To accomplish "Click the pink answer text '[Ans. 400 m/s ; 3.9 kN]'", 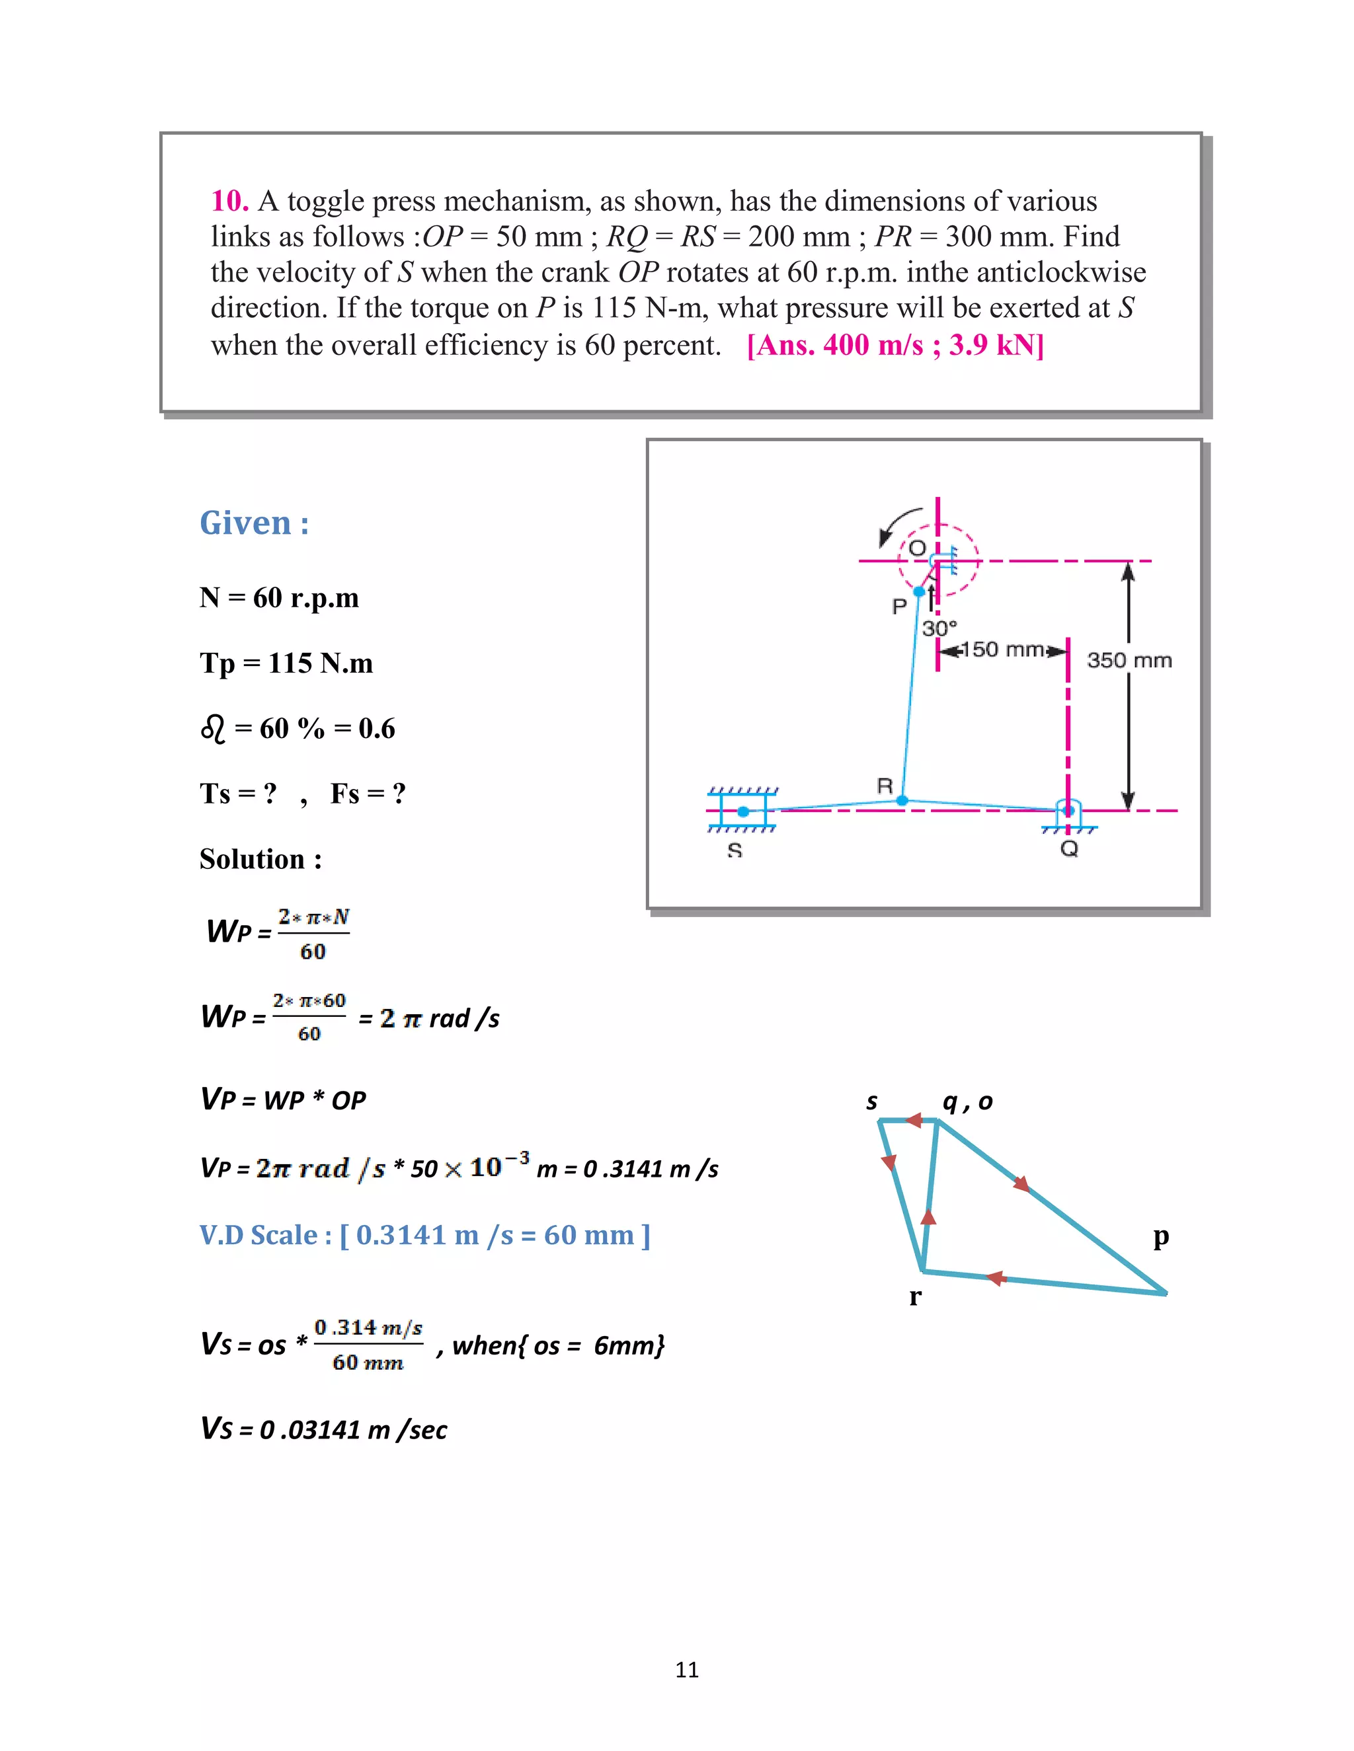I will click(895, 346).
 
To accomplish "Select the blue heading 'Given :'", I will click(253, 523).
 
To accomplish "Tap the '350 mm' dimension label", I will click(1129, 661).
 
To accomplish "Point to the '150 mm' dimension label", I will click(1003, 650).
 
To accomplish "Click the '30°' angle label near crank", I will click(939, 628).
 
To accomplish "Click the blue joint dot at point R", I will click(902, 800).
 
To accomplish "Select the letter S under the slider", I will click(734, 850).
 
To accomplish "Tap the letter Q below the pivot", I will click(1068, 849).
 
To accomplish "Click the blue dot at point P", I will click(919, 591).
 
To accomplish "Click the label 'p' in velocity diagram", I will click(1161, 1237).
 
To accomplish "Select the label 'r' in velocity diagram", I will click(914, 1296).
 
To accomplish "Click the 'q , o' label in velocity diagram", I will click(967, 1101).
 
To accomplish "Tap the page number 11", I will click(687, 1670).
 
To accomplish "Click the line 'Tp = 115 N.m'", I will click(286, 664).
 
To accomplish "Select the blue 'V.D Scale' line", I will click(424, 1235).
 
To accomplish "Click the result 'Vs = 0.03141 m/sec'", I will click(323, 1429).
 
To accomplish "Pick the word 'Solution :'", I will click(260, 860).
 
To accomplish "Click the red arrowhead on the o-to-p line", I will click(1020, 1183).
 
